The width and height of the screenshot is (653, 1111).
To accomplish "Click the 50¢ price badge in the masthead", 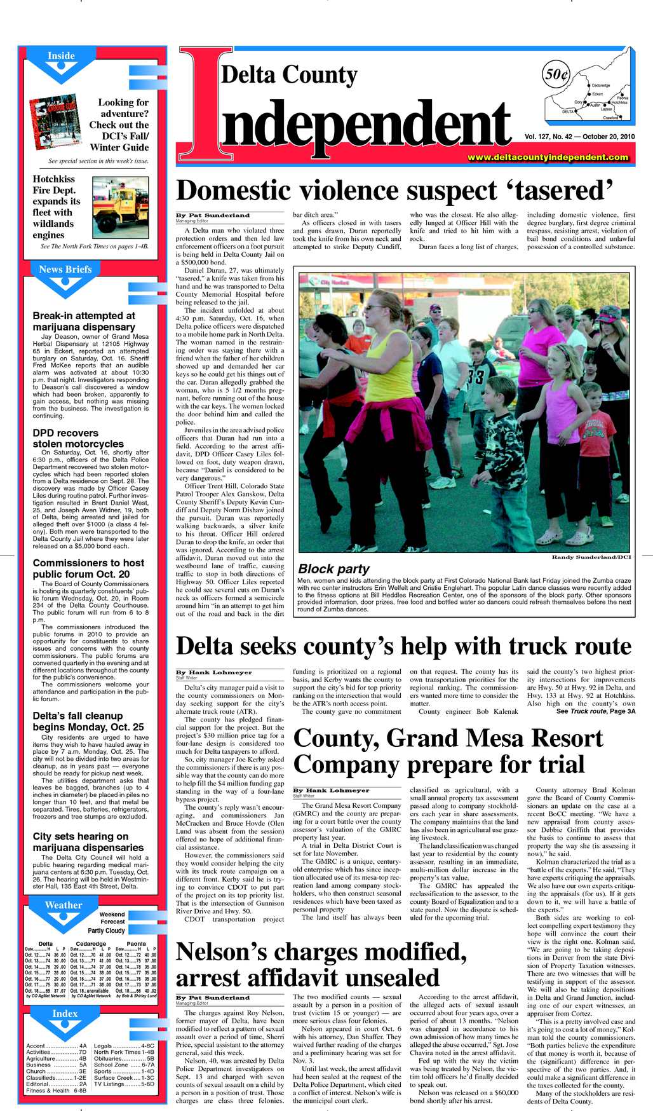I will [x=556, y=74].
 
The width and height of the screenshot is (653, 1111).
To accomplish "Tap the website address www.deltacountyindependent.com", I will [x=548, y=157].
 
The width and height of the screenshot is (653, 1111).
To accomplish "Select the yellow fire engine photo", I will [x=120, y=207].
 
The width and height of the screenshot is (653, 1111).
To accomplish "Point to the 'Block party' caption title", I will [x=333, y=569].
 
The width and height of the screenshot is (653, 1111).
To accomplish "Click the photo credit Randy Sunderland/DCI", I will [x=591, y=557].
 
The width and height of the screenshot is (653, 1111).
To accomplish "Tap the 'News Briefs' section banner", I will [x=65, y=269].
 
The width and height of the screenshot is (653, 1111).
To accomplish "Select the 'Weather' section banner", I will [x=64, y=905].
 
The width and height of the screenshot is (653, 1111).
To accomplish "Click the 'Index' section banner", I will [x=65, y=1013].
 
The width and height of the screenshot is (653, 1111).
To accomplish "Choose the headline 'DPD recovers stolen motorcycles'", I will [x=78, y=439].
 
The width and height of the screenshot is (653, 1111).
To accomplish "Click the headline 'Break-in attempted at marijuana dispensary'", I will [x=84, y=321].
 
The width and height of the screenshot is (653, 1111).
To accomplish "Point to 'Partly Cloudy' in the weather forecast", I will [x=107, y=930].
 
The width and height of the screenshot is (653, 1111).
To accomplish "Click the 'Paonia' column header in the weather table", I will [x=136, y=943].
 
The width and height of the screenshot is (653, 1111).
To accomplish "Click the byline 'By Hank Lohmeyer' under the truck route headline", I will [x=214, y=672].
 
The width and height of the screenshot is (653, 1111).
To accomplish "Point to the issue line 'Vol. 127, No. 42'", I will [x=549, y=137].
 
